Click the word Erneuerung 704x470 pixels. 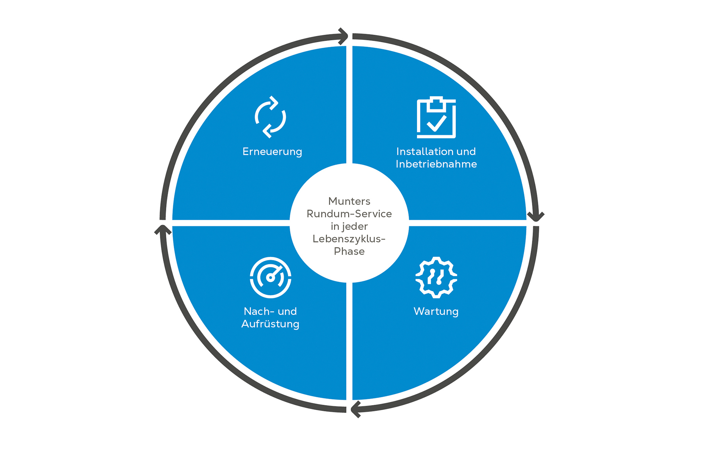pos(272,152)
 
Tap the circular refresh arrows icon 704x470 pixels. pos(270,117)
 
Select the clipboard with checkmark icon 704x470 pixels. pos(436,117)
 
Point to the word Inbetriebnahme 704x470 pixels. pos(436,164)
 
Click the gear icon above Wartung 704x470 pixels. pos(436,277)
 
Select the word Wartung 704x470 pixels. pos(436,311)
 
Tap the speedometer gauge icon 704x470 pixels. pos(270,277)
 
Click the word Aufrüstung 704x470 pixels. pos(270,324)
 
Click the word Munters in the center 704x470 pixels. pos(349,201)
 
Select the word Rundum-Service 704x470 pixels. pos(349,214)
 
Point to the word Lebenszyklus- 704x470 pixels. pos(349,239)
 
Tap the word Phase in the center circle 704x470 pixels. pos(349,251)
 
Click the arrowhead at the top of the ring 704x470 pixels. pos(343,36)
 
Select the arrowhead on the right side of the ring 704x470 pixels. pos(536,216)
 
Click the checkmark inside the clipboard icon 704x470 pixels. pos(436,123)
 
